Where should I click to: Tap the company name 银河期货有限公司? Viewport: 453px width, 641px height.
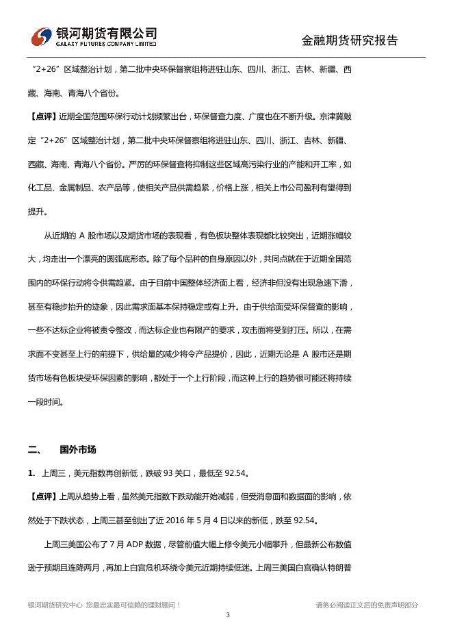(105, 33)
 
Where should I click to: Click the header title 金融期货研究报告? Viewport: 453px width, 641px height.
(350, 40)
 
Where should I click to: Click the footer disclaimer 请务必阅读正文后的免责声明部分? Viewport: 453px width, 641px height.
(367, 605)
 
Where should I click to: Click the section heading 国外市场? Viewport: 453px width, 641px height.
(78, 450)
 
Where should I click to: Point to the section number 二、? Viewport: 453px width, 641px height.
(35, 450)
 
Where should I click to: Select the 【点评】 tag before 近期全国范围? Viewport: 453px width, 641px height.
(42, 116)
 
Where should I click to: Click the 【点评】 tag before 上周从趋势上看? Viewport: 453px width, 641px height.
(42, 497)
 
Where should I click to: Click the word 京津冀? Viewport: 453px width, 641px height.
(330, 116)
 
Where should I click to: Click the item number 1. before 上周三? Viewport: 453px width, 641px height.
(31, 473)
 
